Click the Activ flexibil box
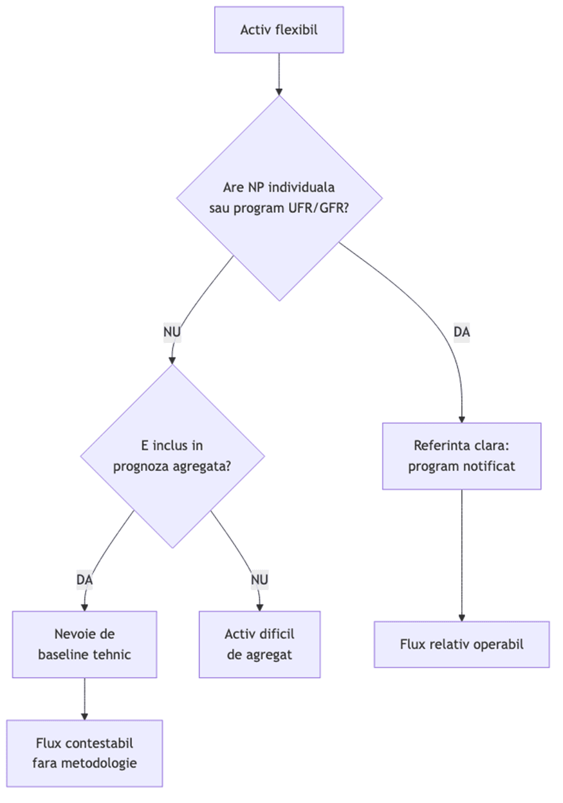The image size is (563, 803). point(279,30)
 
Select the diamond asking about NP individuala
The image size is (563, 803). point(279,198)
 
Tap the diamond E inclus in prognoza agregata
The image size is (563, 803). point(172,456)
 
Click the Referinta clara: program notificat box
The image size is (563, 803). point(461,456)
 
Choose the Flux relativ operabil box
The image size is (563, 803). point(461,644)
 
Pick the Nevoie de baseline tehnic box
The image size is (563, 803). point(84,644)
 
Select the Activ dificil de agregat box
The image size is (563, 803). point(259,644)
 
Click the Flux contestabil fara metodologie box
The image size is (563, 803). point(84,753)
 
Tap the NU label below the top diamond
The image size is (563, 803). point(172,332)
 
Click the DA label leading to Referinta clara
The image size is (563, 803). point(461,332)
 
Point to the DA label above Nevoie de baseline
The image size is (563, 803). point(84,580)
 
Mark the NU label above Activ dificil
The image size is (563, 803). point(259,580)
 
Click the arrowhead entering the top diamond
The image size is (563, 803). point(279,92)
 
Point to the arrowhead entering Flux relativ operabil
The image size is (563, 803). point(461,618)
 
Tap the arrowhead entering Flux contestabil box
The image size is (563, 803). point(84,716)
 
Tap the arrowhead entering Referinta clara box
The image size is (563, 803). point(461,419)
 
